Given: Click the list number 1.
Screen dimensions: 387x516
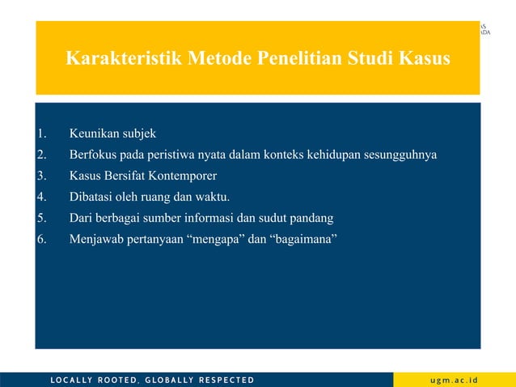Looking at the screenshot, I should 42,134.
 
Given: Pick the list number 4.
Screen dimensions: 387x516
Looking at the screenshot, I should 42,197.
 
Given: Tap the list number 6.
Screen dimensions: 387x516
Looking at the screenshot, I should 42,239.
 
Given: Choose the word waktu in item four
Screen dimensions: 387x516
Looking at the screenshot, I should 213,197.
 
